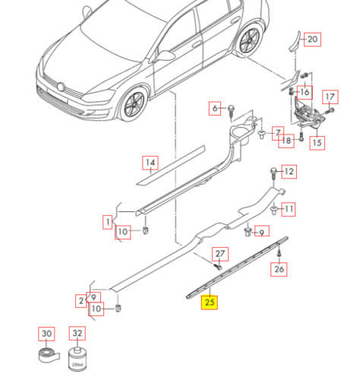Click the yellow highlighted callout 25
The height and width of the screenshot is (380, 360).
(210, 302)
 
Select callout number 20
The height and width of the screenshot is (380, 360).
(312, 40)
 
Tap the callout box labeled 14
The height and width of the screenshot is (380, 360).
(150, 163)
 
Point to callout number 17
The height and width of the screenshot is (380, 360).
(330, 97)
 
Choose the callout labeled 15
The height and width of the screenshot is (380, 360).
(317, 143)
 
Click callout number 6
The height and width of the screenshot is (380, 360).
(215, 109)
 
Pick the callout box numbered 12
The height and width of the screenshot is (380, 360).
(289, 172)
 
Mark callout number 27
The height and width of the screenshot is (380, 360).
(220, 254)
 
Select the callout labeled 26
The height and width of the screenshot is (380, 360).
(279, 269)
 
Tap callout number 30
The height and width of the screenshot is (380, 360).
(46, 334)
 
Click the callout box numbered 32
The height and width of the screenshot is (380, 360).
(77, 333)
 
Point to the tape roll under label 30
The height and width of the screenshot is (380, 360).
(49, 355)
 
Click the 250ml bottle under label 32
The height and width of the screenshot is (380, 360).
(77, 358)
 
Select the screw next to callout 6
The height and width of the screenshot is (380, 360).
(231, 112)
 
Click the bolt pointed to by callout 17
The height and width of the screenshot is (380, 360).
(330, 111)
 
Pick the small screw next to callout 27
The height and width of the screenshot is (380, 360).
(218, 266)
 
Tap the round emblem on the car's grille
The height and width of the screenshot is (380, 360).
(61, 87)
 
